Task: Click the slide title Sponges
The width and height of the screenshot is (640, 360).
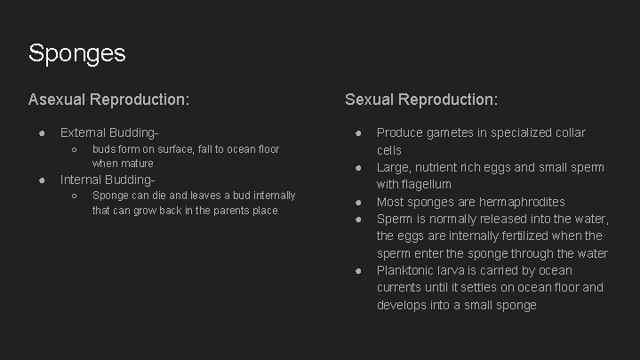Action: (x=76, y=53)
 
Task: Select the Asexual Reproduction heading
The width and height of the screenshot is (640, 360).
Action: (x=108, y=100)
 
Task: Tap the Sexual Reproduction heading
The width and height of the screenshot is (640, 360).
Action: (x=421, y=100)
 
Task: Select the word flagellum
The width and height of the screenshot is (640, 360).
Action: (x=427, y=185)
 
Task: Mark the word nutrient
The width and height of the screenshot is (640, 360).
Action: (x=446, y=167)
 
